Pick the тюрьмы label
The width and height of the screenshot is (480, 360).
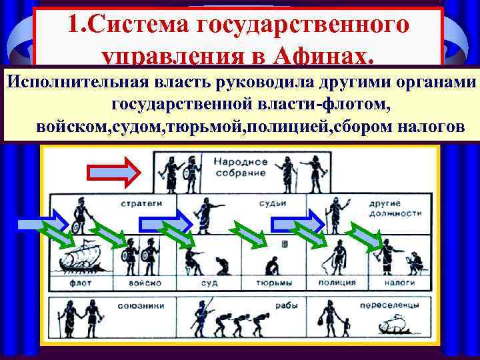(270, 283)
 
